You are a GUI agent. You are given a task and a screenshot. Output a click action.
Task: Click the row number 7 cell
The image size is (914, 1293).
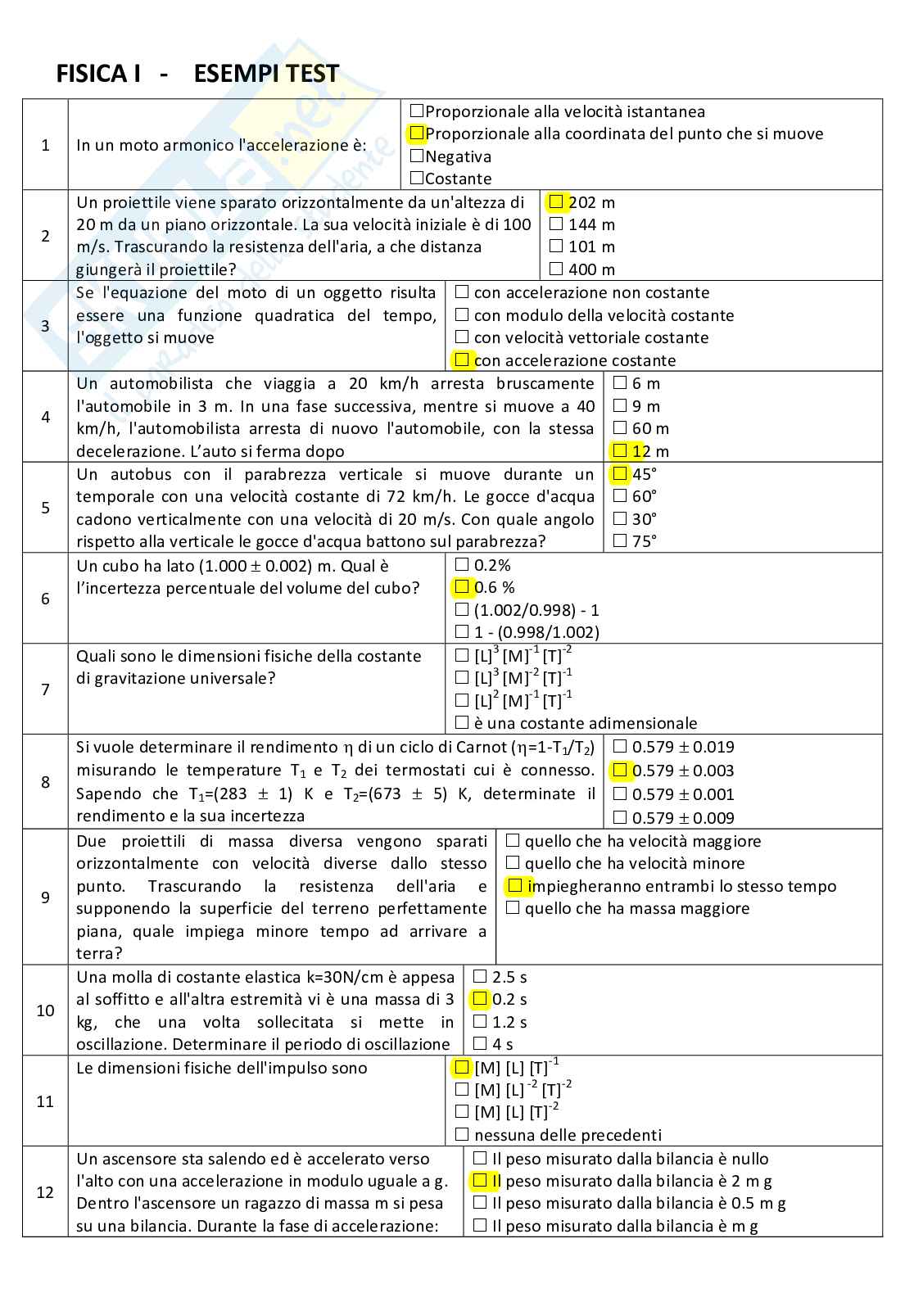coord(45,689)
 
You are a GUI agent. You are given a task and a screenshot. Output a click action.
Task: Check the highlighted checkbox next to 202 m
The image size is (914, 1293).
coord(556,201)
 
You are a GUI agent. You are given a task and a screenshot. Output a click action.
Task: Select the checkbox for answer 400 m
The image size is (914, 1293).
coord(556,269)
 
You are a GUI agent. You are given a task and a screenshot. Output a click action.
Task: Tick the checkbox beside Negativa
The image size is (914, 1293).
coord(417,156)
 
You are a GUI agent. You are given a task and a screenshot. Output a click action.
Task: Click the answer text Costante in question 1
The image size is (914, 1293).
coord(459,179)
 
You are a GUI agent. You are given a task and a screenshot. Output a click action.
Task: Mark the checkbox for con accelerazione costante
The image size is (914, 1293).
coord(462,359)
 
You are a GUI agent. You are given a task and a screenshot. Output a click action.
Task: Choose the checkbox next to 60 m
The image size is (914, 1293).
coord(619,428)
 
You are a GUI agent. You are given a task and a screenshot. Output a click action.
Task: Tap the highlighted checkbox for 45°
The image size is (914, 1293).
coord(619,473)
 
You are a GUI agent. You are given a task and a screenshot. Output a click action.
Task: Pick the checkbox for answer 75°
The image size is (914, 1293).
coord(619,540)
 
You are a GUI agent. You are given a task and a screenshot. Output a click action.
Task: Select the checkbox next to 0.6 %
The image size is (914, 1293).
coord(462,586)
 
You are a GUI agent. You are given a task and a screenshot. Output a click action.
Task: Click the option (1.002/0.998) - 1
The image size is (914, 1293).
coord(536,610)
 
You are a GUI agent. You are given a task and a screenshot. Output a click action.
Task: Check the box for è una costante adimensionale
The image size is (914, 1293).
coord(462,722)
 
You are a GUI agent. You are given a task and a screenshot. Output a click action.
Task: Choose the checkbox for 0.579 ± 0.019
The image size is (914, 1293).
coord(619,746)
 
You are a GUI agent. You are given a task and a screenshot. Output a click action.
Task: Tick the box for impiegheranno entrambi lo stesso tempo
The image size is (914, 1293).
coord(514,885)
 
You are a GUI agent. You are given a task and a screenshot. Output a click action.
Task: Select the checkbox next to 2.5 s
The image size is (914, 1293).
coord(480,976)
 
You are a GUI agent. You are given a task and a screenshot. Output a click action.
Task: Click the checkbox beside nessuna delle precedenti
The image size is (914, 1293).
coord(462,1134)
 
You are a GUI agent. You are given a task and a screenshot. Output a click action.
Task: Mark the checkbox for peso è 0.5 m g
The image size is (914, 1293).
coord(480,1202)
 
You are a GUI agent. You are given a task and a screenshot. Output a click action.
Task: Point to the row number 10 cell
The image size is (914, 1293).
coord(45,1010)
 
